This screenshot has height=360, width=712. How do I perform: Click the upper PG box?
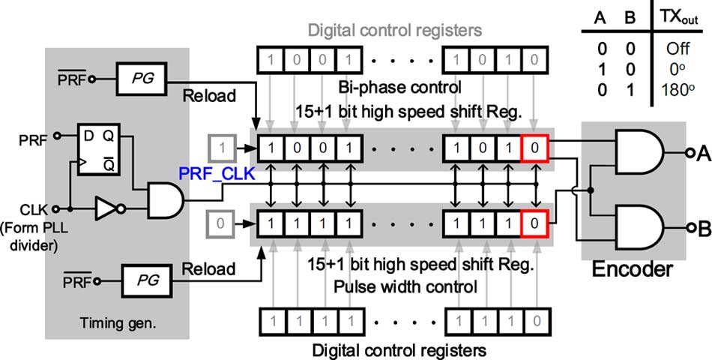(141, 78)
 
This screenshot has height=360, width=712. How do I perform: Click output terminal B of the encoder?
(686, 229)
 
